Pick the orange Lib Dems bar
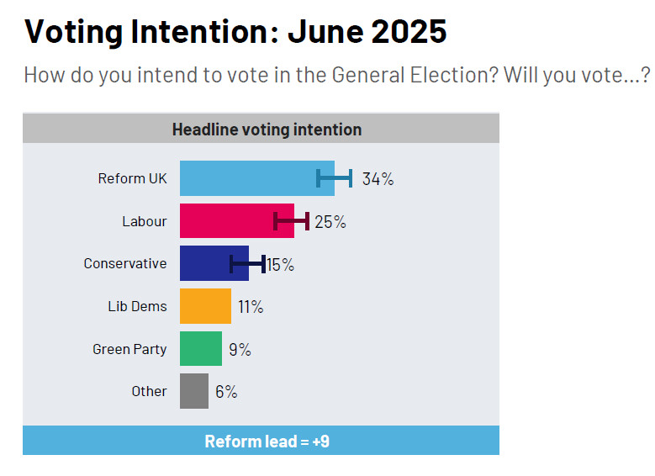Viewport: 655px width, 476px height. point(205,306)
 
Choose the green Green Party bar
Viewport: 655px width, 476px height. point(201,348)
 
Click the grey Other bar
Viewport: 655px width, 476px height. point(194,391)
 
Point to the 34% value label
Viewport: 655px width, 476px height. point(378,179)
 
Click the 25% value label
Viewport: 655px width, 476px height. point(330,222)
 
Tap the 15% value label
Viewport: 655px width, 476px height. point(281,265)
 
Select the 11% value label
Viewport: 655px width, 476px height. point(251,307)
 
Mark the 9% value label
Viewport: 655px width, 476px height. point(240,349)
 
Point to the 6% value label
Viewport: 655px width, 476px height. point(226,392)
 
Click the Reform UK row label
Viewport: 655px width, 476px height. point(132,178)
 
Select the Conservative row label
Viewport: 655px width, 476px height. point(125,263)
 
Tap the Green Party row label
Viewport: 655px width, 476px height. point(129,349)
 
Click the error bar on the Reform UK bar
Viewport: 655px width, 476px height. point(334,177)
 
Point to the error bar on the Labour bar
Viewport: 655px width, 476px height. point(292,221)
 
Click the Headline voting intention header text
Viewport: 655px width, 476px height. point(267,130)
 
